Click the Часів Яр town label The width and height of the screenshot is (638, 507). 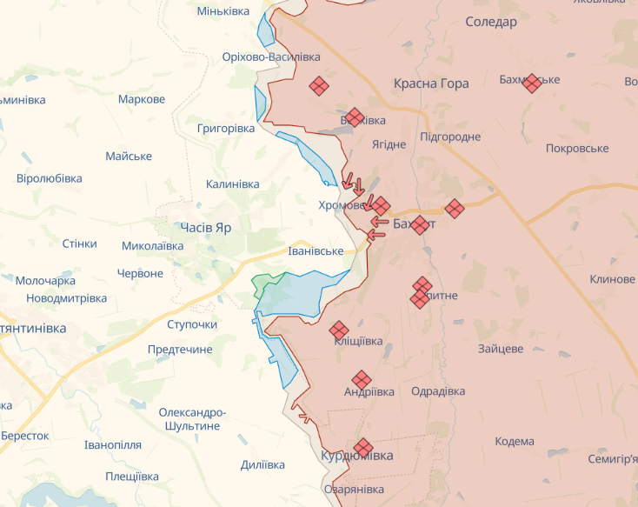tap(206, 227)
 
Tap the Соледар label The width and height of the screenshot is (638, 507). tap(490, 22)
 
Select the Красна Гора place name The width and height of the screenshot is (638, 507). tap(431, 83)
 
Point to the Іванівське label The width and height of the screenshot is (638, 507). tap(316, 250)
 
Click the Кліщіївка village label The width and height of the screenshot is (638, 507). tap(358, 341)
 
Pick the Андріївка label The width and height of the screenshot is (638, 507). tap(369, 391)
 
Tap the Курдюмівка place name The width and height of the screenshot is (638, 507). tap(356, 456)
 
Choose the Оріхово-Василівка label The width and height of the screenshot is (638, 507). tap(271, 57)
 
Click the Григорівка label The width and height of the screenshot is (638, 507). tap(226, 128)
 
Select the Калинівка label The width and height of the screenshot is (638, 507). tap(232, 184)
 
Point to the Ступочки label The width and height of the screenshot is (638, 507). tap(192, 324)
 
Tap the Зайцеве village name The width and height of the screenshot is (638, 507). tap(500, 349)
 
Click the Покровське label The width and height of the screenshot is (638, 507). tap(576, 149)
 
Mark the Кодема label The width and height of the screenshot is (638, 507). tap(515, 441)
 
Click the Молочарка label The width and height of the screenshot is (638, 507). tap(45, 281)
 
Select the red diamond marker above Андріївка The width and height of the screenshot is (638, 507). tap(362, 380)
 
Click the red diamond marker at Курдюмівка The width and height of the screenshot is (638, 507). tap(363, 446)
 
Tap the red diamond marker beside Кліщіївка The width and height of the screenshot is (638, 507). tap(339, 330)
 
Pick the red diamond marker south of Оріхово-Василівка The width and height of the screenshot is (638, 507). tap(319, 85)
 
